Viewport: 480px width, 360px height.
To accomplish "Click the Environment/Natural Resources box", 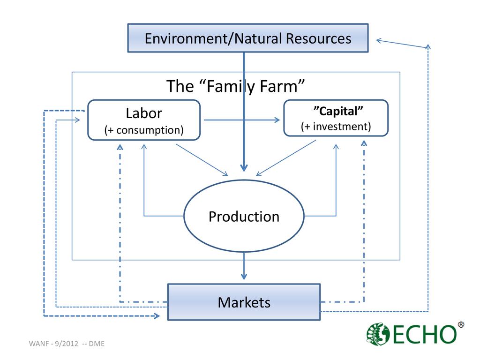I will click(247, 38).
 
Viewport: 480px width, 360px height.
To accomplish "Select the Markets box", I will click(244, 302).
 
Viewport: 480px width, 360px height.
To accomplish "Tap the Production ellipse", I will click(244, 217).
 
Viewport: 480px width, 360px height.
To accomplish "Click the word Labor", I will click(144, 113).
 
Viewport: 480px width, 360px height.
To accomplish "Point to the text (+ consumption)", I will click(144, 130).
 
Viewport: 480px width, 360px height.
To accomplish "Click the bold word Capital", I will click(338, 112).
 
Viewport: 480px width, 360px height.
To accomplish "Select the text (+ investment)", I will click(336, 127).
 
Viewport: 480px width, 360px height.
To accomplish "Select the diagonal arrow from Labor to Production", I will click(202, 160).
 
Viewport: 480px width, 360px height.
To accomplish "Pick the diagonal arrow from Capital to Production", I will click(286, 158).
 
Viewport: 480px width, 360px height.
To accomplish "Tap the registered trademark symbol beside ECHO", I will click(461, 325).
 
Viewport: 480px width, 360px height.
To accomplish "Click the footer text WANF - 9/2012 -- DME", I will click(67, 344).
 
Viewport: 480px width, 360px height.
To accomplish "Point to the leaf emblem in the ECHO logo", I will click(378, 334).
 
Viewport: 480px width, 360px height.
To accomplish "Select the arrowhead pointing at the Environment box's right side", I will click(379, 41).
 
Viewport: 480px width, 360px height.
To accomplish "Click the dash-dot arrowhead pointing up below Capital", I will click(364, 143).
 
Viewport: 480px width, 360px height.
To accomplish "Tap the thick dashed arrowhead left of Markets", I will click(157, 316).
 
